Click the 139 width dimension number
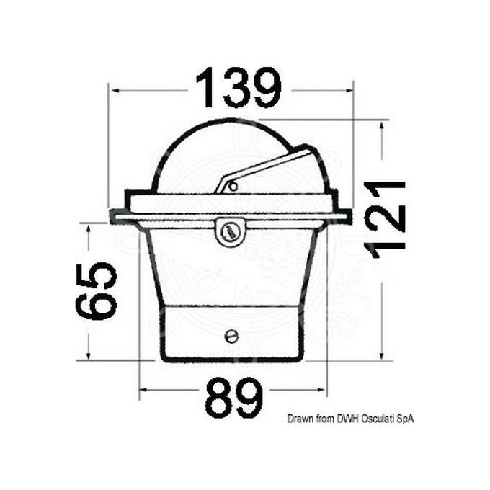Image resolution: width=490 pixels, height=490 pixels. [239, 89]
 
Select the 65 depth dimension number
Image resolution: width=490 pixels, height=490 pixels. [97, 290]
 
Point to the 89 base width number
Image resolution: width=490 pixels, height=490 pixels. [234, 398]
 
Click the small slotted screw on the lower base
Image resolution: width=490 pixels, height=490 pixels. [231, 336]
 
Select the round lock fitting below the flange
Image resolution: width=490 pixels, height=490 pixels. [230, 231]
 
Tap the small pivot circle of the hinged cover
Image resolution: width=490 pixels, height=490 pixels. [233, 187]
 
